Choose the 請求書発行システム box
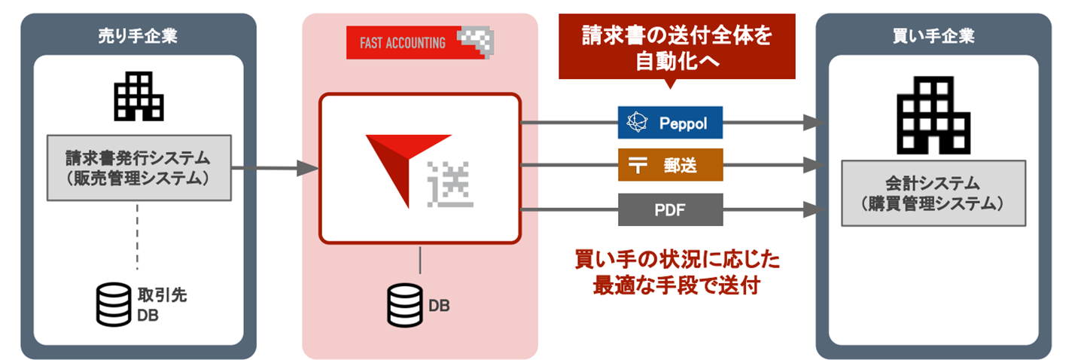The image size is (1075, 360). click(x=138, y=168)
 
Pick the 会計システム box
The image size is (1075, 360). click(x=933, y=193)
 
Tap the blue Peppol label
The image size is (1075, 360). click(x=670, y=123)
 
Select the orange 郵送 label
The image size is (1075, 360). click(x=670, y=166)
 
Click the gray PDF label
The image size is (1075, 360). click(x=670, y=209)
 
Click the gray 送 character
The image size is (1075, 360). click(x=451, y=184)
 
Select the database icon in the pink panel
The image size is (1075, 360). click(x=404, y=304)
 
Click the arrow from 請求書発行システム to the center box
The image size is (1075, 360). click(x=275, y=168)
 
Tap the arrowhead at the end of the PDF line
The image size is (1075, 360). click(x=812, y=210)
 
